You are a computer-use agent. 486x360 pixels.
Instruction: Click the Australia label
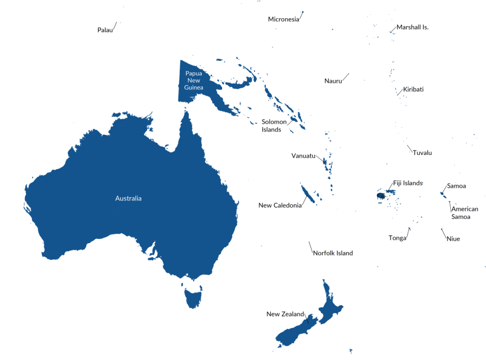point(128,198)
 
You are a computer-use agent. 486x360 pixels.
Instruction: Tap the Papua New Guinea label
point(194,80)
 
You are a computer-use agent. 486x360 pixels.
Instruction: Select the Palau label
point(105,30)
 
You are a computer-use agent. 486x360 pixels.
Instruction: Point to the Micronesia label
point(283,19)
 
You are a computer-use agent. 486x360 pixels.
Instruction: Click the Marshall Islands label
point(412,28)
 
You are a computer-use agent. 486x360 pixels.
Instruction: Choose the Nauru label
point(333,81)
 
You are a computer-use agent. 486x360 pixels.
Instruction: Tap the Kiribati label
point(413,89)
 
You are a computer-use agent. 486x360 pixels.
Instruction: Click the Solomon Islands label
point(274,126)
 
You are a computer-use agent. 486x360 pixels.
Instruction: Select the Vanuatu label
point(303,156)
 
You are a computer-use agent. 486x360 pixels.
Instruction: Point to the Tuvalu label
point(422,153)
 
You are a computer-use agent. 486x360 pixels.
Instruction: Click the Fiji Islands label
point(408,183)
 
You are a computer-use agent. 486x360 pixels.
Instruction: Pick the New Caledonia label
point(280,206)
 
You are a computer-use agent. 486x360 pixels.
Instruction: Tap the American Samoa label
point(464,213)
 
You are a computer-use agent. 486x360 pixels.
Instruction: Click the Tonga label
point(397,238)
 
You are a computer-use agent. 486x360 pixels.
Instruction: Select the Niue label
point(453,239)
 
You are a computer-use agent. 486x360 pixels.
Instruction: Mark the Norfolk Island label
point(332,253)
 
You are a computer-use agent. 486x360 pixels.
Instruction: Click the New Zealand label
point(285,314)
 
